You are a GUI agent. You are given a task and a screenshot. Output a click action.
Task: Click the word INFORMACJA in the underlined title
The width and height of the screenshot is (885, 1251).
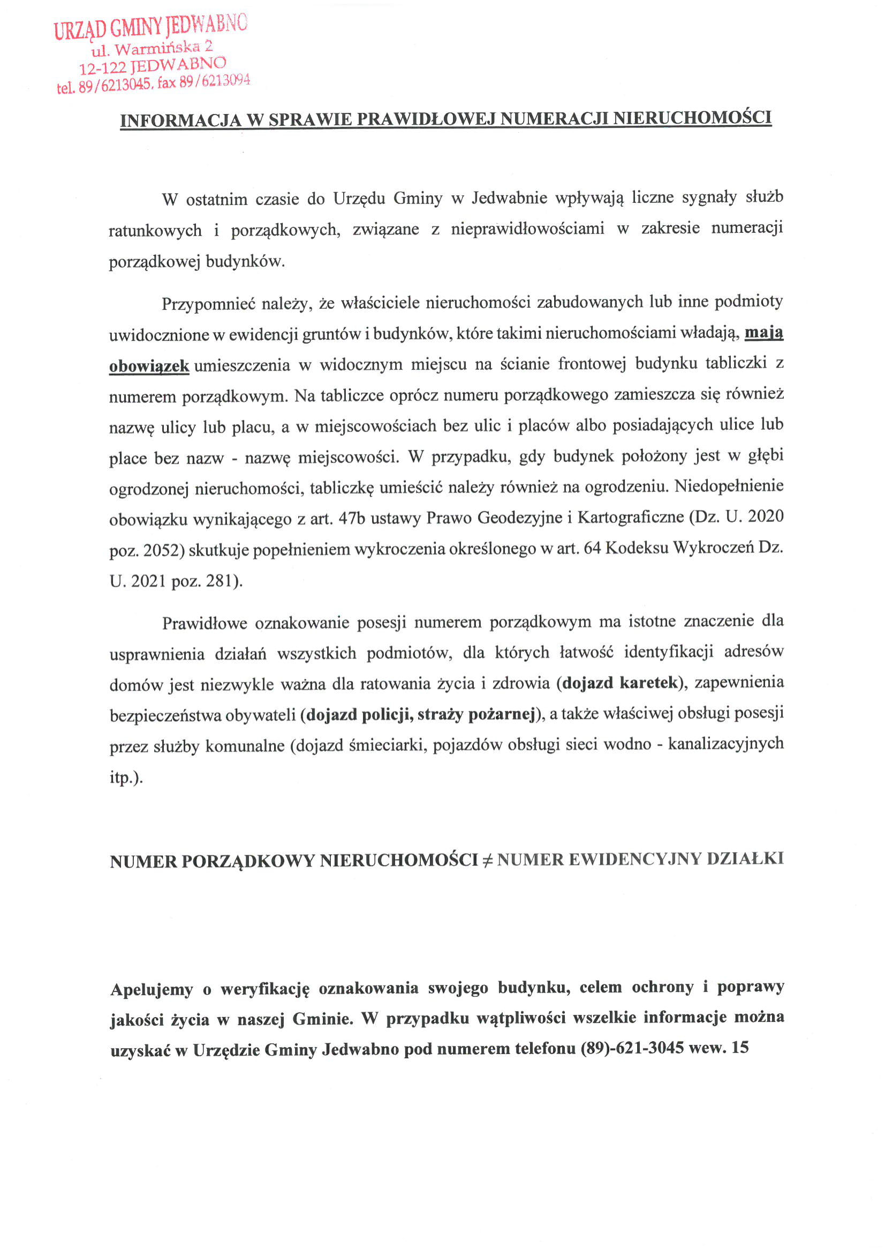point(180,120)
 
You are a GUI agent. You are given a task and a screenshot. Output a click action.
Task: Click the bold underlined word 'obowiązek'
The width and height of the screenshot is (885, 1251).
point(149,366)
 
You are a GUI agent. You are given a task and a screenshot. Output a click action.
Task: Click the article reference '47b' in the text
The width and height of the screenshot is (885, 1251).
point(352,518)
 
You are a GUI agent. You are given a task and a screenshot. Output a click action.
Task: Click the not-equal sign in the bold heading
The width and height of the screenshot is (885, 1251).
point(487,861)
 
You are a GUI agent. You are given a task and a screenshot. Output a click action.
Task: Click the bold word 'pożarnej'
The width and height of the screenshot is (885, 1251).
point(502,714)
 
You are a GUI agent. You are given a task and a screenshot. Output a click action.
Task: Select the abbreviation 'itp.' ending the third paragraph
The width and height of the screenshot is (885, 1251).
point(126,777)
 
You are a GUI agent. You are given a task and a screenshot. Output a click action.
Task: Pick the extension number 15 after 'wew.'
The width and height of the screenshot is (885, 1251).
point(740,1047)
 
